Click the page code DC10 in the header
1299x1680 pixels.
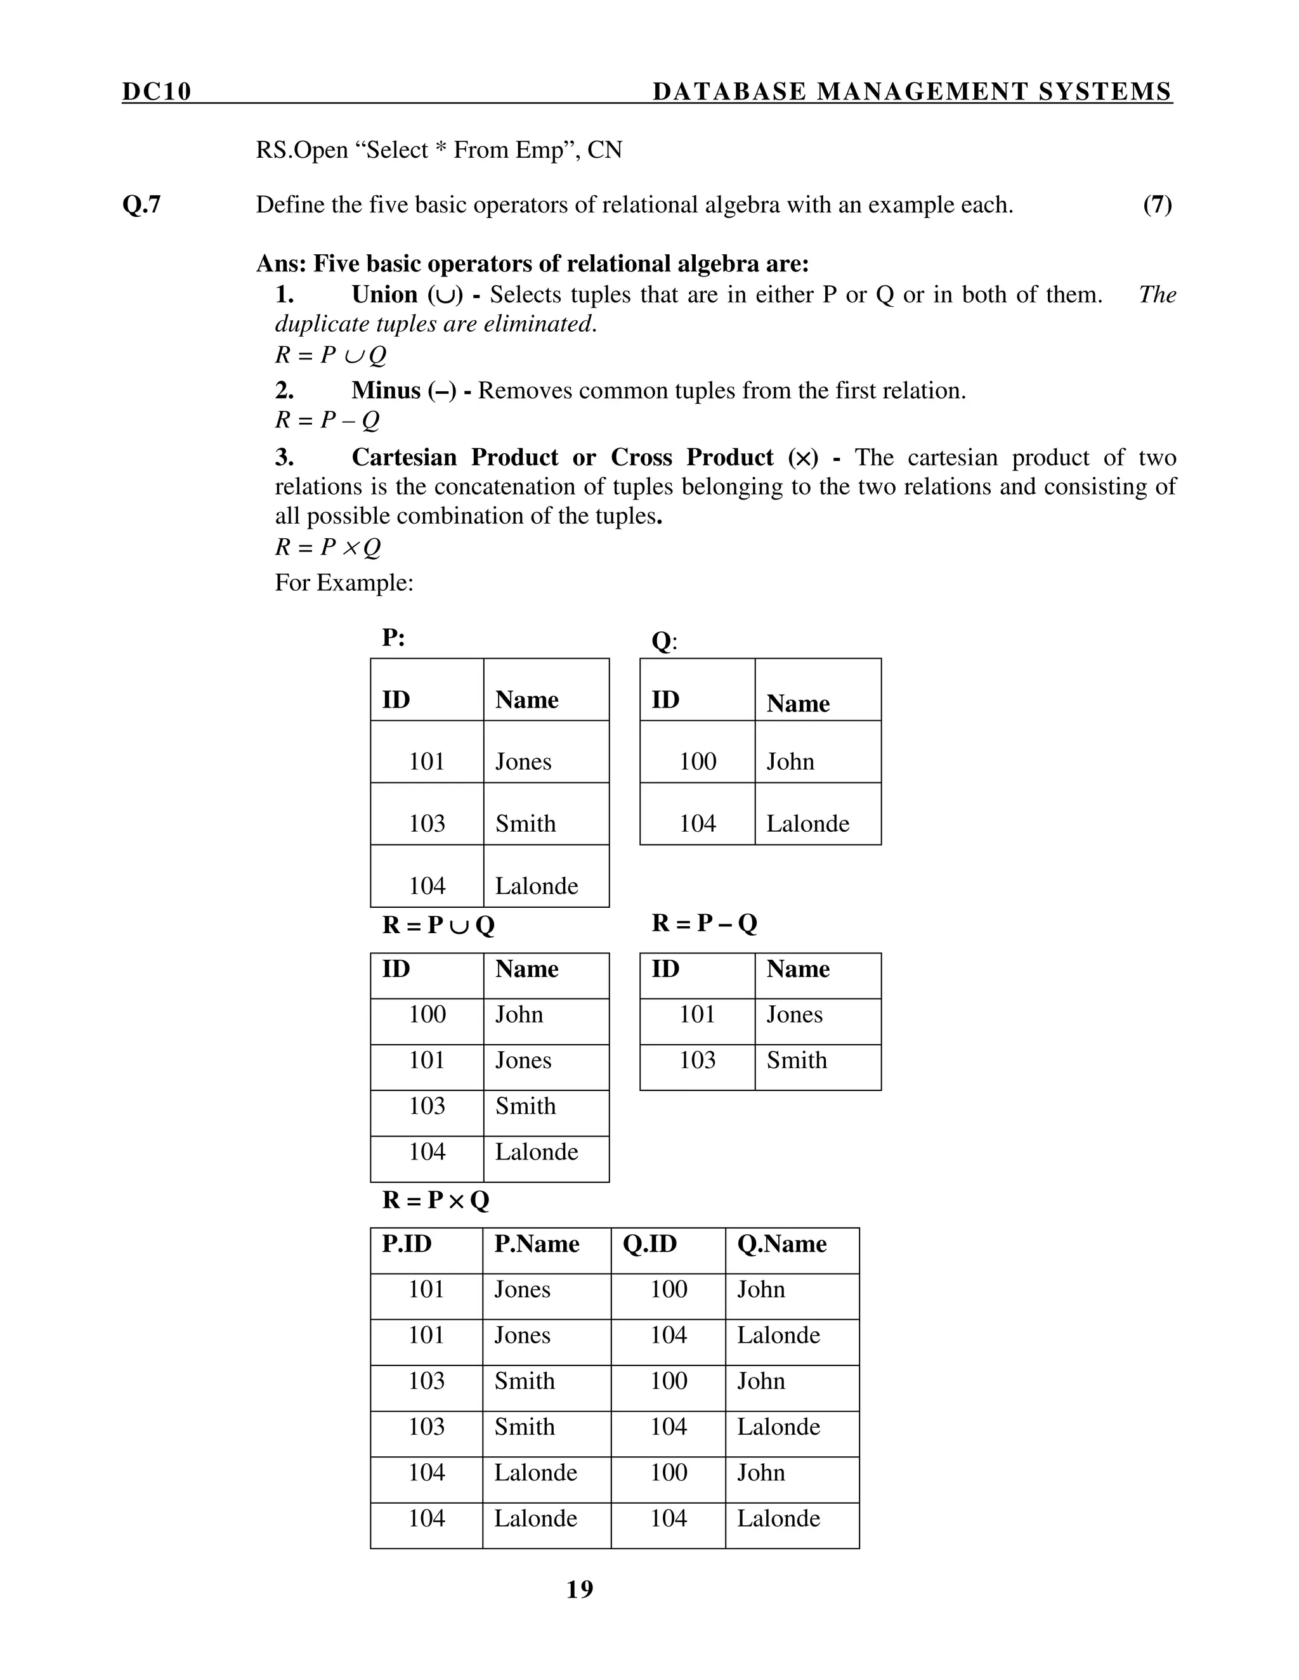(x=156, y=91)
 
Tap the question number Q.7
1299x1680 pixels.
(x=141, y=205)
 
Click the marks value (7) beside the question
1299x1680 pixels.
(x=1157, y=205)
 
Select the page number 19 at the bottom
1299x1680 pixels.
(x=580, y=1589)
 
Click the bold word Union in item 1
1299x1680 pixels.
(x=384, y=295)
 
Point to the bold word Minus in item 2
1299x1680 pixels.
(x=386, y=391)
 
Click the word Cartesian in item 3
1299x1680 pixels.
(x=404, y=458)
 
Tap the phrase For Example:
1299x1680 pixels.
(x=344, y=583)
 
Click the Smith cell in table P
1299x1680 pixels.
(x=525, y=824)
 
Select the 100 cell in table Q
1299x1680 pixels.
(x=697, y=761)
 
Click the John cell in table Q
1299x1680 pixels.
(x=790, y=761)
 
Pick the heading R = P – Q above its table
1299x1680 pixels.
(x=704, y=923)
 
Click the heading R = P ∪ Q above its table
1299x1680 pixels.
(x=438, y=924)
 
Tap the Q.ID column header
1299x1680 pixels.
(x=649, y=1244)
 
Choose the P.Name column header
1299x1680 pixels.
(x=537, y=1244)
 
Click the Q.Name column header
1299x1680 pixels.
(x=781, y=1244)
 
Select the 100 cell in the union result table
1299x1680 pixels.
(x=427, y=1014)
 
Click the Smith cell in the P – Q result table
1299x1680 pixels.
(x=796, y=1060)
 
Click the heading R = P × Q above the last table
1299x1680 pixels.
(x=436, y=1200)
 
